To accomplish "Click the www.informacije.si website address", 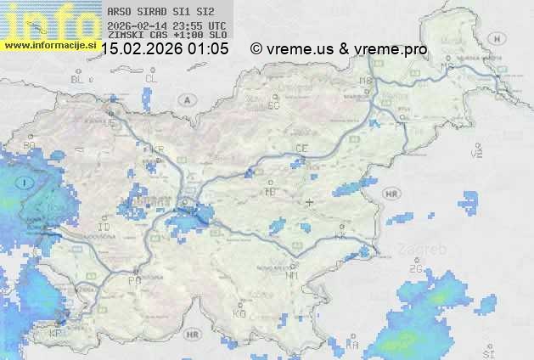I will (51, 45).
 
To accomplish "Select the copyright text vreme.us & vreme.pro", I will (339, 49).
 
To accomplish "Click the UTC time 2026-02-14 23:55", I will (167, 25).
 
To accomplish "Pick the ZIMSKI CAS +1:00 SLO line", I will (167, 35).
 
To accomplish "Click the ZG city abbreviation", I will (416, 269).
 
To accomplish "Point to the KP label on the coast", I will (56, 333).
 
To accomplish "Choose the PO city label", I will (133, 279).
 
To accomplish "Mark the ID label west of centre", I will (104, 228).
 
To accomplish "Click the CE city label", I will (301, 149).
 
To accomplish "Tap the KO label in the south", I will (239, 313).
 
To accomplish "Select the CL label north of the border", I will (151, 78).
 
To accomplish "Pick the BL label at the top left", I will (78, 79).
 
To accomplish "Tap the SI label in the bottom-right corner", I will (487, 352).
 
